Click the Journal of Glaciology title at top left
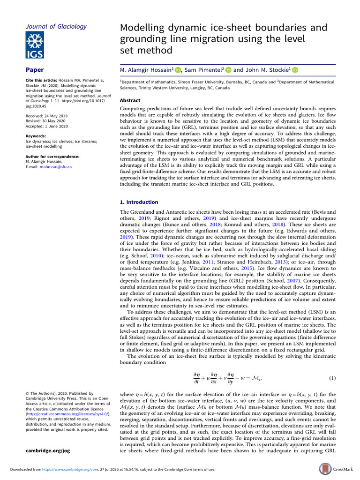click(56, 26)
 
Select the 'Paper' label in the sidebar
click(34, 70)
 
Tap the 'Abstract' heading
click(130, 100)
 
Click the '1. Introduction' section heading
click(139, 202)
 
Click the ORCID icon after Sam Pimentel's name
click(228, 70)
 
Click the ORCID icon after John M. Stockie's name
click(295, 70)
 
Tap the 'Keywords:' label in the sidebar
click(36, 136)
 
